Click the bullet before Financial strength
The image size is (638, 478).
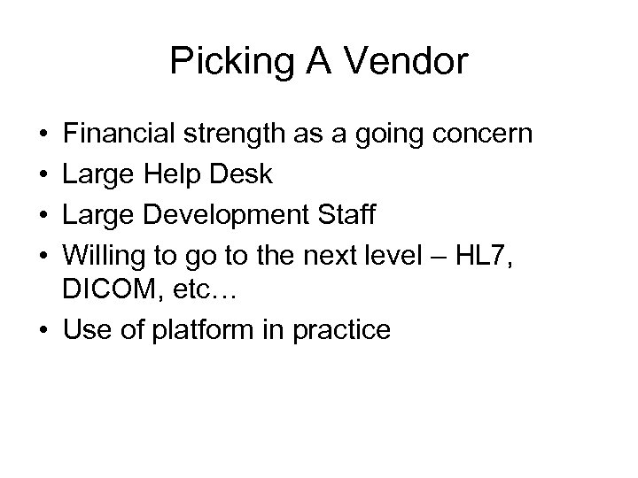click(x=43, y=135)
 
